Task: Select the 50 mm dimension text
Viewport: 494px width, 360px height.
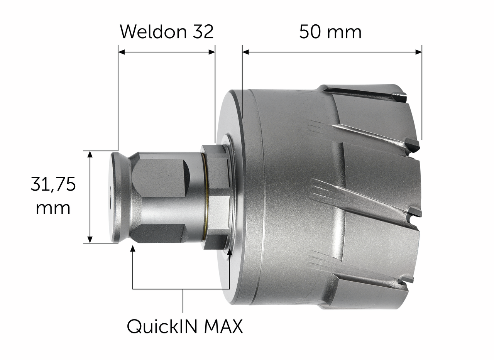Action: click(330, 32)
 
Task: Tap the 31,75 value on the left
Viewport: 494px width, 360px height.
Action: click(53, 184)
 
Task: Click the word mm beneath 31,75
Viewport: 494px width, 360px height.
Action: click(53, 208)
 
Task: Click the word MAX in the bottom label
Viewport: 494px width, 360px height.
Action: click(223, 327)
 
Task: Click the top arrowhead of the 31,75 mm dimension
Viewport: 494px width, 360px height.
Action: click(90, 154)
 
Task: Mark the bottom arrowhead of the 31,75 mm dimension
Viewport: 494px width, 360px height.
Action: click(90, 240)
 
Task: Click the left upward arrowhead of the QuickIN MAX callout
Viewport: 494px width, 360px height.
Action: click(133, 248)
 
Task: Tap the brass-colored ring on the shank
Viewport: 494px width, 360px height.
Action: click(207, 197)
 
